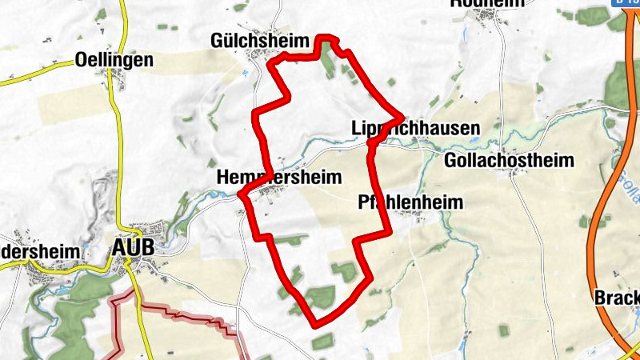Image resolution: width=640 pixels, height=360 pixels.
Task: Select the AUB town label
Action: (x=134, y=249)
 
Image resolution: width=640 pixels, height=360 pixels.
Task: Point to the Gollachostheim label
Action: (x=509, y=160)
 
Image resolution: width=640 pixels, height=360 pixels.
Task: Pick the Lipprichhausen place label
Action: (x=415, y=128)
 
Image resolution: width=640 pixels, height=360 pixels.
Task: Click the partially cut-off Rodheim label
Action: (x=487, y=3)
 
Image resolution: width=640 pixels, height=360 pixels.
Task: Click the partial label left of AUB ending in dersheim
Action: (x=40, y=251)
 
